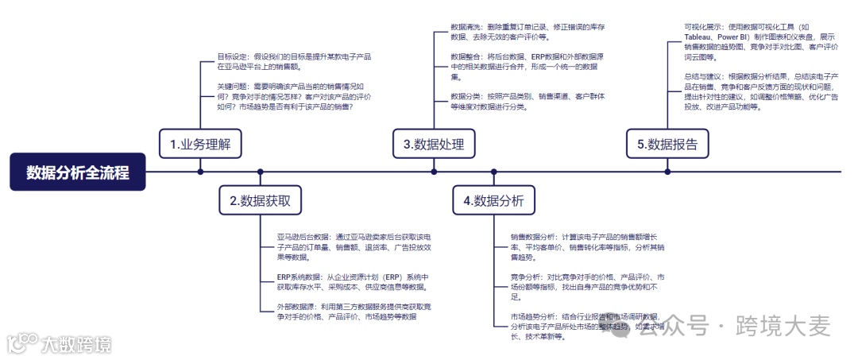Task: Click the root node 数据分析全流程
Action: point(78,172)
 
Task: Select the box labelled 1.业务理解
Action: point(200,144)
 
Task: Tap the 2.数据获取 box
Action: point(260,200)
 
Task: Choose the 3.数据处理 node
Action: point(433,144)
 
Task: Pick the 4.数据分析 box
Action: point(493,200)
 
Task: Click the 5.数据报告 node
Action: point(667,144)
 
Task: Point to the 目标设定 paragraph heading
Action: point(233,57)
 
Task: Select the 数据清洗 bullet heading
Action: point(466,27)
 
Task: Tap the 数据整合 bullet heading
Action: point(466,57)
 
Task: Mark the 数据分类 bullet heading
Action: point(466,96)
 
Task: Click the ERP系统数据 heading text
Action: point(293,277)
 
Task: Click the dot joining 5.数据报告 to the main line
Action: point(667,171)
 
